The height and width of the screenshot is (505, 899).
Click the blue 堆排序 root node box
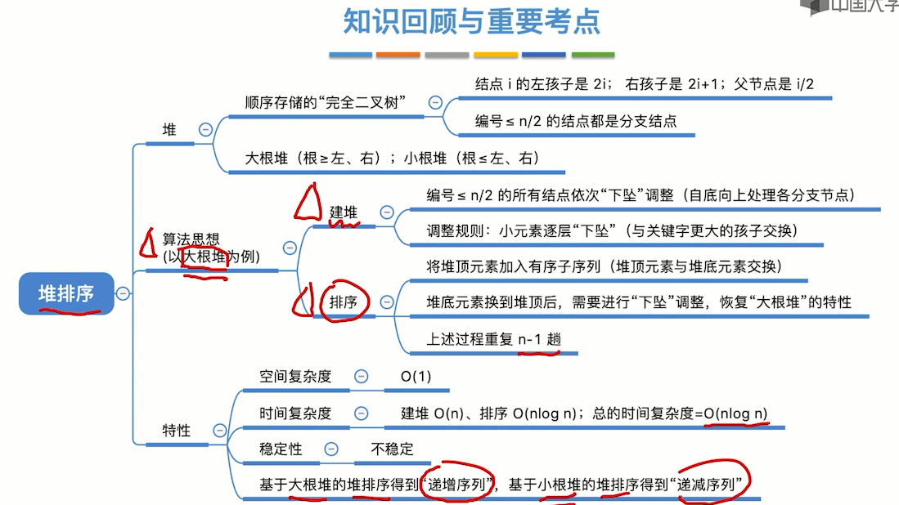pyautogui.click(x=65, y=293)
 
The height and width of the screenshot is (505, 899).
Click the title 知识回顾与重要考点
pyautogui.click(x=471, y=22)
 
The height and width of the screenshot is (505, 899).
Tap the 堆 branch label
pyautogui.click(x=169, y=129)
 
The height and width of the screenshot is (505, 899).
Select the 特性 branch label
pyautogui.click(x=176, y=430)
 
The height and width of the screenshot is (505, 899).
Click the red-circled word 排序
pyautogui.click(x=344, y=302)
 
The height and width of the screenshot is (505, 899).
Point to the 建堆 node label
pyautogui.click(x=344, y=212)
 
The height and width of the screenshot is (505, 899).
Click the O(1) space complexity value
pyautogui.click(x=416, y=376)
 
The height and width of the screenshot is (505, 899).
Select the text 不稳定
pyautogui.click(x=392, y=449)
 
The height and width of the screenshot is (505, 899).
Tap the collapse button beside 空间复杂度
pyautogui.click(x=361, y=376)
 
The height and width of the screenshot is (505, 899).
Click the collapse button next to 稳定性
pyautogui.click(x=331, y=449)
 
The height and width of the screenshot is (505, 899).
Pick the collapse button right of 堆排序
pyautogui.click(x=123, y=293)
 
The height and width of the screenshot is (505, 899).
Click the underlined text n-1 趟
pyautogui.click(x=540, y=339)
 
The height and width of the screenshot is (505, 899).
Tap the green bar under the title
pyautogui.click(x=592, y=55)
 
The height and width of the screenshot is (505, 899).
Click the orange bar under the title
pyautogui.click(x=398, y=55)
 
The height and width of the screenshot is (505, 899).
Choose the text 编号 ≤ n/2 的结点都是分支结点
pyautogui.click(x=576, y=121)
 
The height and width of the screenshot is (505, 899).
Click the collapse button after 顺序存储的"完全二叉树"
pyautogui.click(x=435, y=103)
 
